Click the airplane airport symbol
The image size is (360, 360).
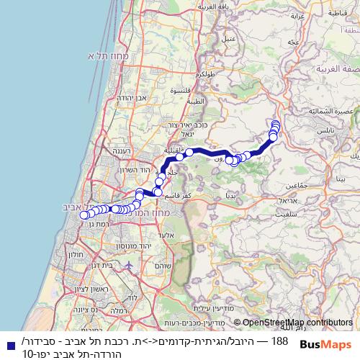128,264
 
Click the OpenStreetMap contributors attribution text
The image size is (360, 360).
293,323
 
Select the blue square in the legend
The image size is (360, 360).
9,345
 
